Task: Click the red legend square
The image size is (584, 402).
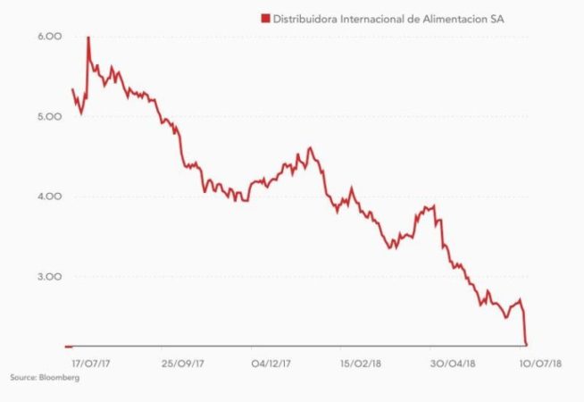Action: tap(263, 17)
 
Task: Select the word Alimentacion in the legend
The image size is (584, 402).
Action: tap(459, 17)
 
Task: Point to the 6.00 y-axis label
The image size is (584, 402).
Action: tap(48, 37)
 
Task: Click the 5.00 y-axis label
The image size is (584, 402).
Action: tap(48, 117)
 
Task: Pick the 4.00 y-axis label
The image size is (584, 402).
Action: tap(48, 197)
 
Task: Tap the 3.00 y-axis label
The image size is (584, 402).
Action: tap(48, 277)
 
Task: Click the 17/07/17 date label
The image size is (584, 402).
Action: tap(88, 364)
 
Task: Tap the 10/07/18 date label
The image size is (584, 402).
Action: tap(542, 364)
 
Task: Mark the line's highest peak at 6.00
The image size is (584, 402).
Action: tap(88, 38)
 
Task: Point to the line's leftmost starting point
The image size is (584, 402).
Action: tap(71, 88)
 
